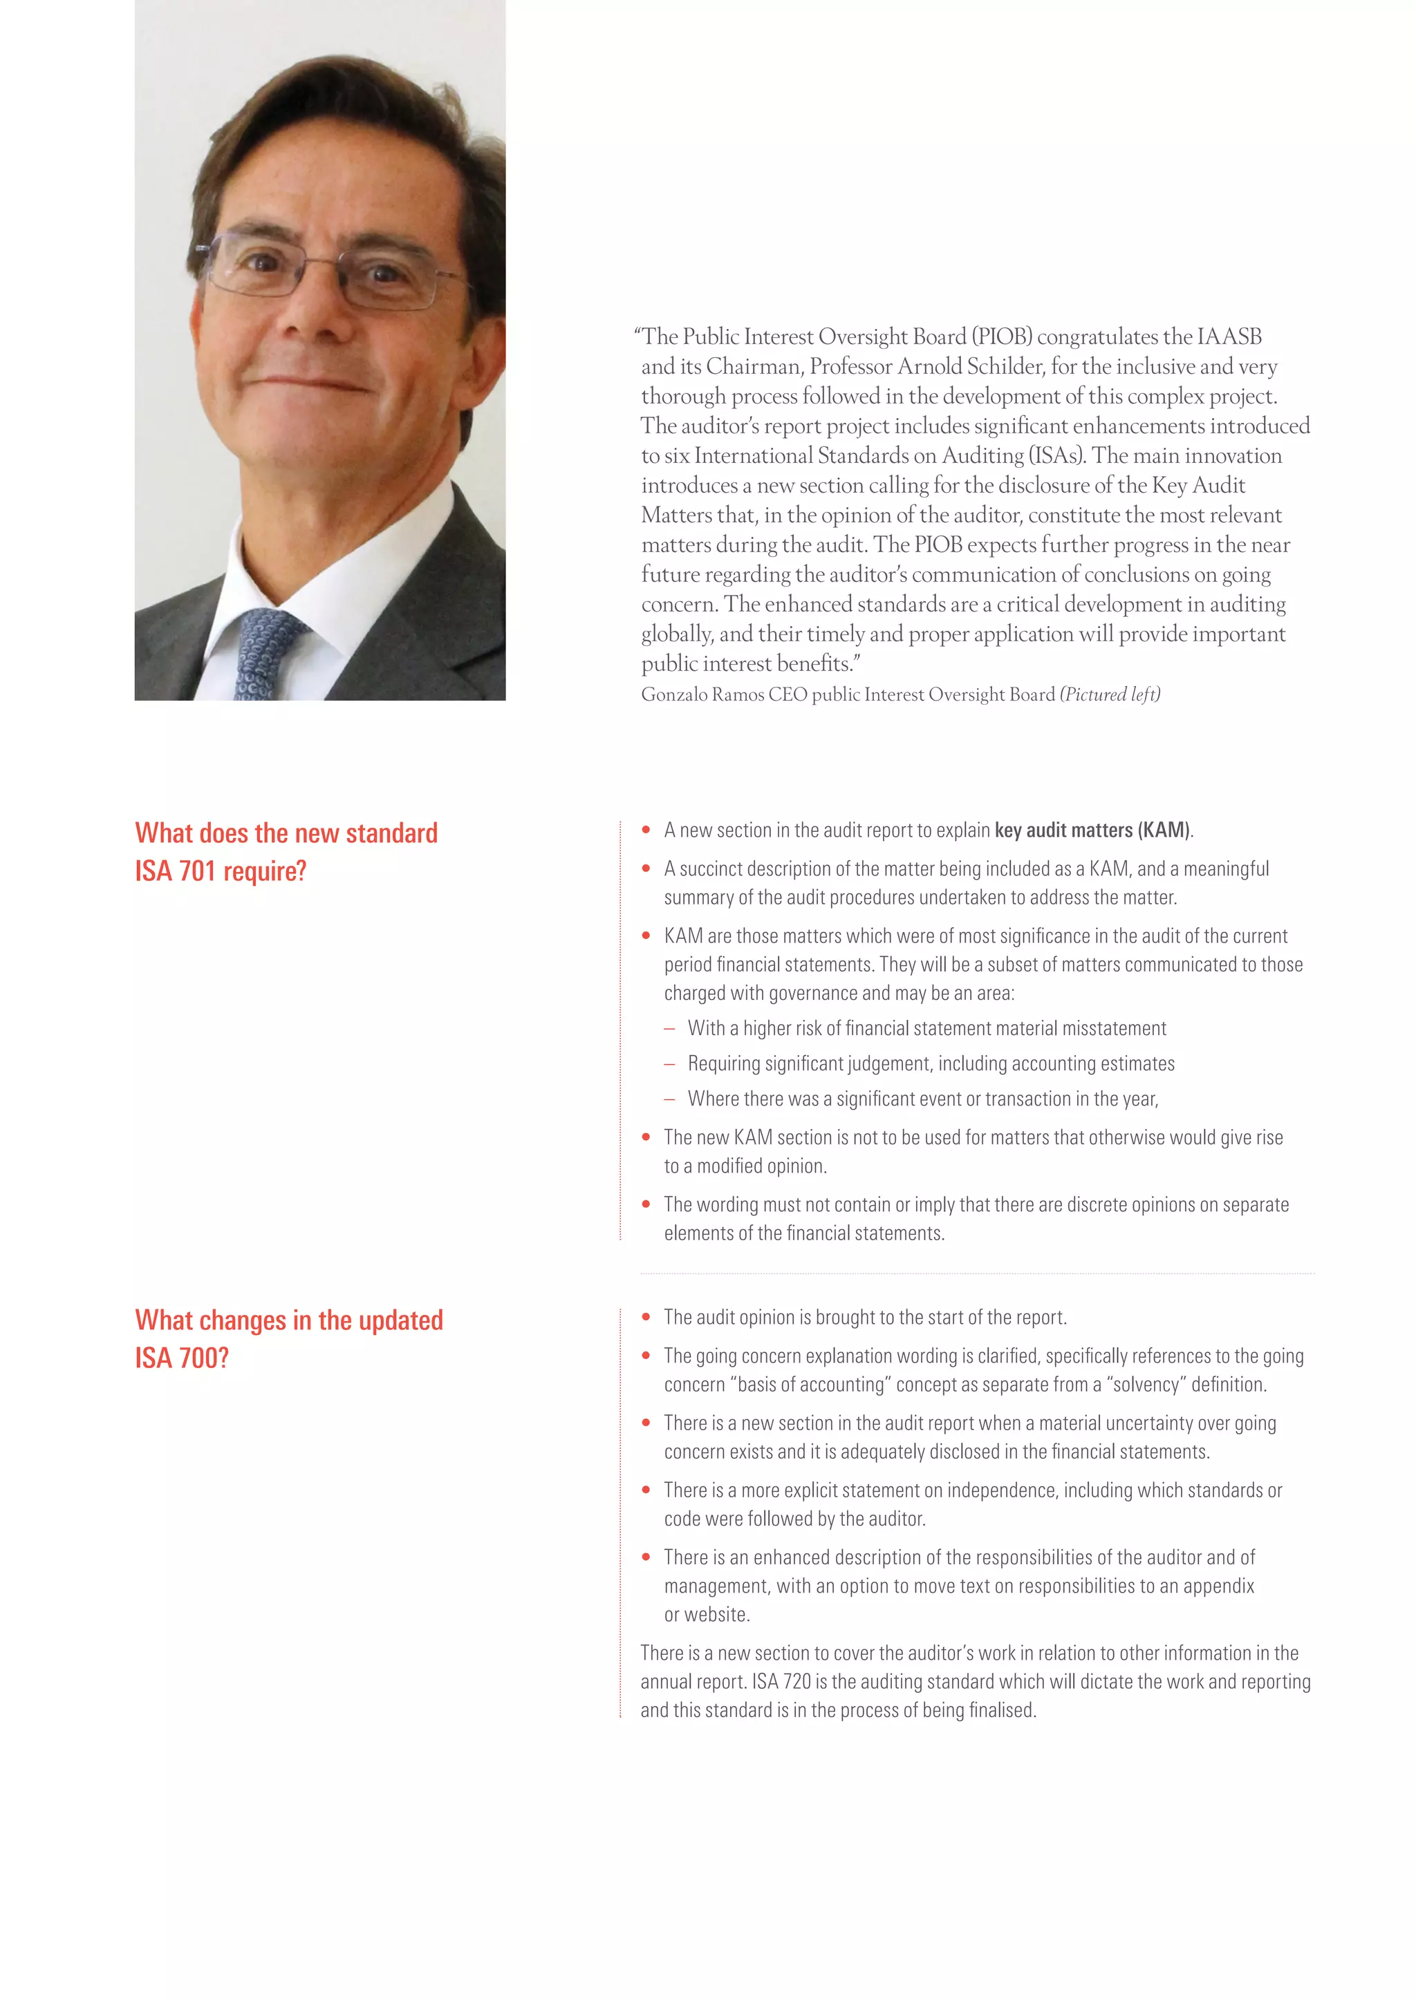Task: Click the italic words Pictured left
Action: [1110, 694]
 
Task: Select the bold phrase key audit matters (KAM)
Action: [1092, 831]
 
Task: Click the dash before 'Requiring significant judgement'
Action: [670, 1064]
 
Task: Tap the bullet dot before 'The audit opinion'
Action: [646, 1317]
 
